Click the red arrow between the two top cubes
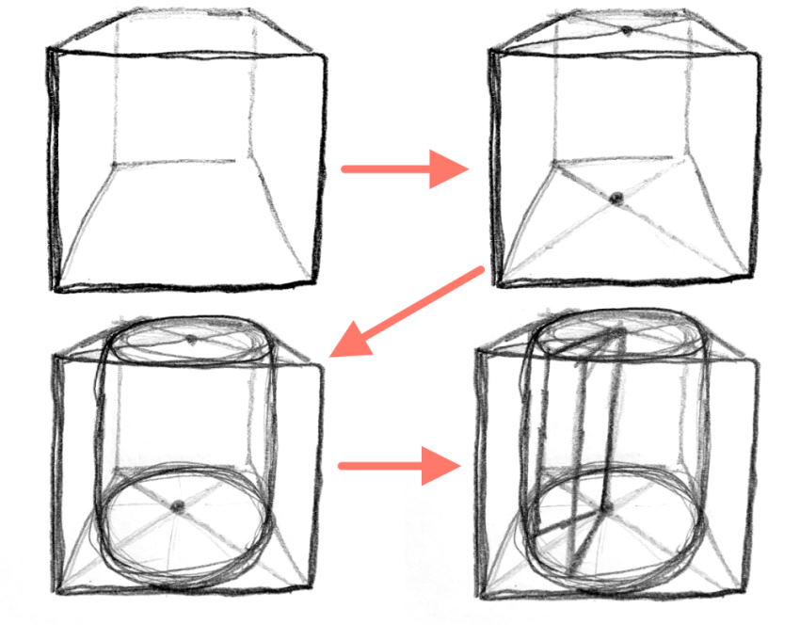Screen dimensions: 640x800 [405, 169]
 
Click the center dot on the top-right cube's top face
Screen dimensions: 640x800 [627, 31]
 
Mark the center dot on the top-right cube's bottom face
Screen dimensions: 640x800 [616, 198]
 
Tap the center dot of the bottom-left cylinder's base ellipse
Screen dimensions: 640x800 [178, 507]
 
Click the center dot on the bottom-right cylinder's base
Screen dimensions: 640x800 [603, 508]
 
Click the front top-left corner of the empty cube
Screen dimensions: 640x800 [50, 52]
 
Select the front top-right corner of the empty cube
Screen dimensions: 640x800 [326, 54]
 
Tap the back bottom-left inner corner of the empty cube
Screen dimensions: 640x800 [113, 165]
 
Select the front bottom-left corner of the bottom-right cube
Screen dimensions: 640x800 [481, 595]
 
